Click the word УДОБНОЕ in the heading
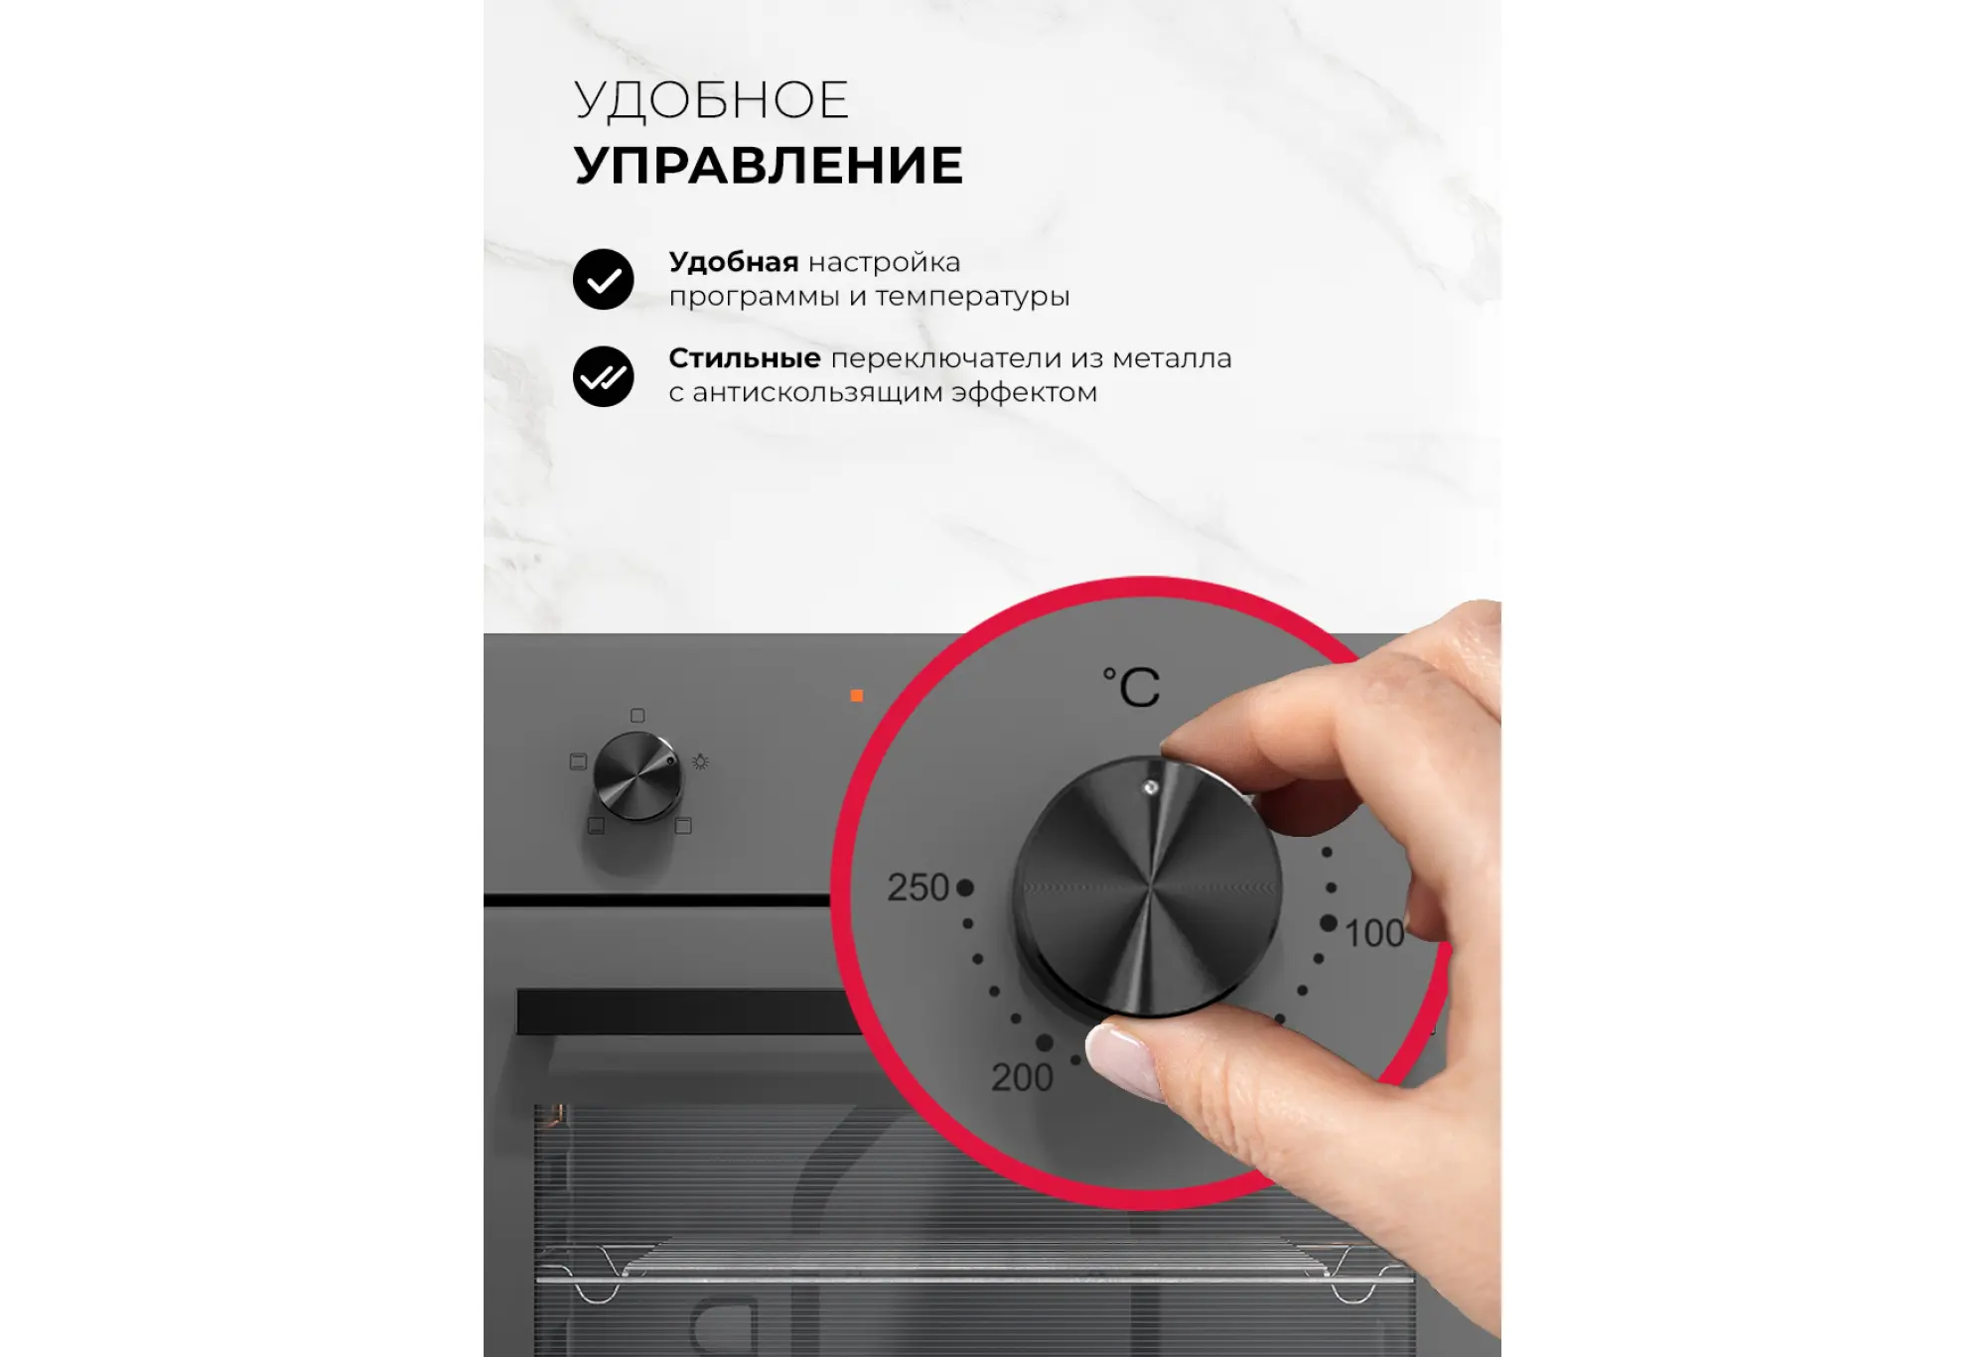pos(711,100)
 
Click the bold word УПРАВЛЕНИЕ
pos(769,165)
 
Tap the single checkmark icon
pos(603,279)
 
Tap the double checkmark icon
pos(603,376)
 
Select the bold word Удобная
pos(734,262)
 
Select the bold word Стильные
pos(745,357)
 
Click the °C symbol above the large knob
pos(1132,686)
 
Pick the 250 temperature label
pos(919,887)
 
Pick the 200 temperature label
pos(1022,1077)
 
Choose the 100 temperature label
pos(1374,933)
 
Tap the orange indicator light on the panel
pos(857,696)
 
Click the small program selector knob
pos(638,776)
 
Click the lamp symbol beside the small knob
pos(700,761)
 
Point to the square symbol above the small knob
pos(638,715)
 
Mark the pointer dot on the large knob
pos(1151,787)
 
